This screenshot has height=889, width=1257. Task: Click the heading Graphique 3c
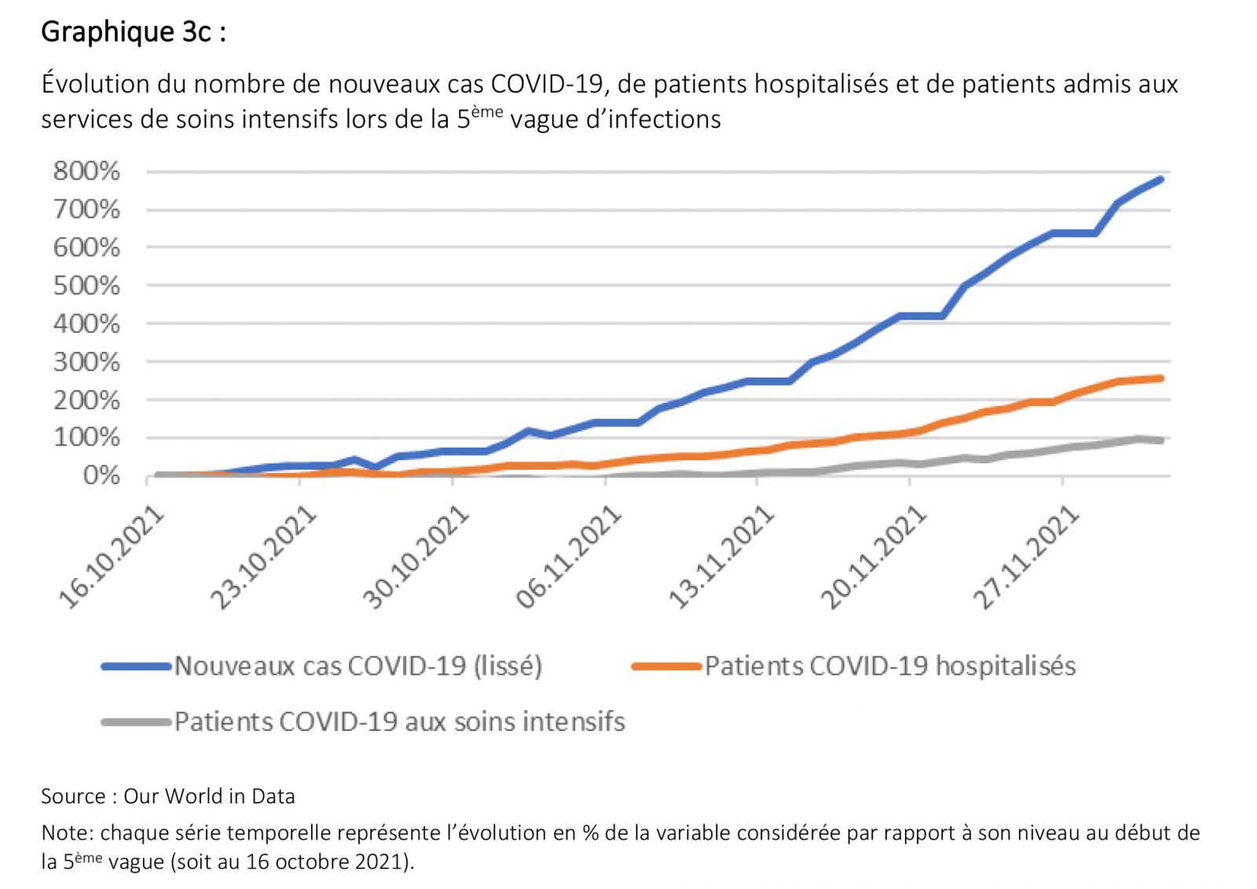(133, 32)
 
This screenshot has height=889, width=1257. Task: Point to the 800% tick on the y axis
(86, 170)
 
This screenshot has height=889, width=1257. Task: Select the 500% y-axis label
(86, 285)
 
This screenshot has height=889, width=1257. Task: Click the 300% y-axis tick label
(86, 362)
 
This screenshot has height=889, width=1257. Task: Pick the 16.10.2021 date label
(112, 558)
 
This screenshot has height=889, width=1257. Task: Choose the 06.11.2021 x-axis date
(570, 558)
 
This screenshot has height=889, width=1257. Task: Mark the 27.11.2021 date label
(1027, 558)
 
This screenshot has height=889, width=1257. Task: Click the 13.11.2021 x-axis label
(722, 558)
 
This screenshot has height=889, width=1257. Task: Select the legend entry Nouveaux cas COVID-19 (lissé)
(357, 666)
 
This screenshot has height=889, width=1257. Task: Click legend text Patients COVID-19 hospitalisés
(889, 666)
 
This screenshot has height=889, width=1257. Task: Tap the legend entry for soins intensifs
(399, 722)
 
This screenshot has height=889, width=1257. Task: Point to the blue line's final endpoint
(1160, 180)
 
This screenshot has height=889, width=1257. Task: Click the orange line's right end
(1160, 379)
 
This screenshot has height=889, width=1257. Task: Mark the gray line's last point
(1160, 441)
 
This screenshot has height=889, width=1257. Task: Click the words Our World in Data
(209, 796)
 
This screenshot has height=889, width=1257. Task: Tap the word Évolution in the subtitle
(95, 84)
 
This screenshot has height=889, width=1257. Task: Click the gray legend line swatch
(136, 722)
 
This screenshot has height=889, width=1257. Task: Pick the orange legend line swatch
(666, 667)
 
